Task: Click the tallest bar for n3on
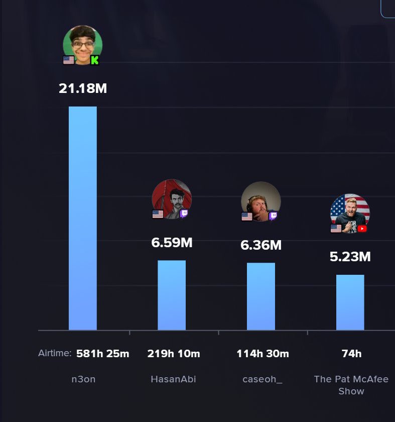click(x=83, y=218)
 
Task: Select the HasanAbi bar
click(x=172, y=295)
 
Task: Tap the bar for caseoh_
click(x=261, y=296)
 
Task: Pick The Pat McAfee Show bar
click(x=350, y=302)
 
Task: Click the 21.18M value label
click(x=83, y=88)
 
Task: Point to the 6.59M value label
click(x=172, y=243)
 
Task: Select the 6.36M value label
click(x=261, y=245)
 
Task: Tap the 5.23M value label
click(x=350, y=257)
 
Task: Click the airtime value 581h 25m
click(x=103, y=353)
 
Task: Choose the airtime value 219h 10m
click(x=174, y=353)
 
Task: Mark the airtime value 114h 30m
click(x=262, y=353)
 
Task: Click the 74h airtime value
click(x=351, y=353)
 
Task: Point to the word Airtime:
click(x=55, y=353)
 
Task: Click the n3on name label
click(x=83, y=379)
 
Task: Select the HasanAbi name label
click(x=174, y=379)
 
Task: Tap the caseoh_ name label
click(x=262, y=379)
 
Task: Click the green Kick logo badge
click(x=95, y=60)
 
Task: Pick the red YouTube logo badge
click(x=362, y=229)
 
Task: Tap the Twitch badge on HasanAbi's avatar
click(x=184, y=214)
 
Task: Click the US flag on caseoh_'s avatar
click(x=247, y=217)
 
